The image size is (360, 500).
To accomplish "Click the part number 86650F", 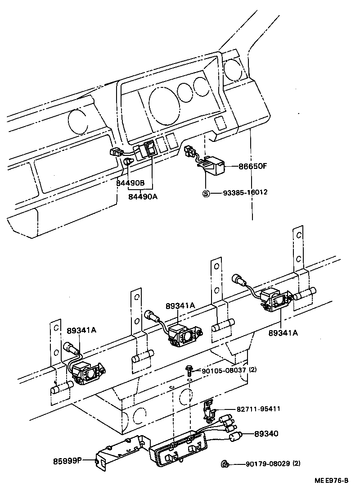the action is coord(252,166).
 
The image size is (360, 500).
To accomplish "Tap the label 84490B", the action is coord(130,183).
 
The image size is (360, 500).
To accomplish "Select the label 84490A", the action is coord(143,197).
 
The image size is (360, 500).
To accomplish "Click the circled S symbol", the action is coord(207,193).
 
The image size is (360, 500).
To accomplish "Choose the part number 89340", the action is coord(266,434).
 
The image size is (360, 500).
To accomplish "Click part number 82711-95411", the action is coord(258,409).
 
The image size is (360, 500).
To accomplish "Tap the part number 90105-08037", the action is coord(224,370).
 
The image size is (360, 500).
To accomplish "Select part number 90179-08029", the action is coord(268,464).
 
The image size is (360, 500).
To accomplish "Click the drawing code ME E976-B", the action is coord(331,490).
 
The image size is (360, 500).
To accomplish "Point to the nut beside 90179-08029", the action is coord(224,464).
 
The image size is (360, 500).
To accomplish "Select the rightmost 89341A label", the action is coord(283,333).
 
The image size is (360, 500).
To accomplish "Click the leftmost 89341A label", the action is coord(81,330).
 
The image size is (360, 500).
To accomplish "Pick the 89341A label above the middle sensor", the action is coord(180,305).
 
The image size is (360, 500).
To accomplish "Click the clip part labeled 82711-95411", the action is coord(208,410).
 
